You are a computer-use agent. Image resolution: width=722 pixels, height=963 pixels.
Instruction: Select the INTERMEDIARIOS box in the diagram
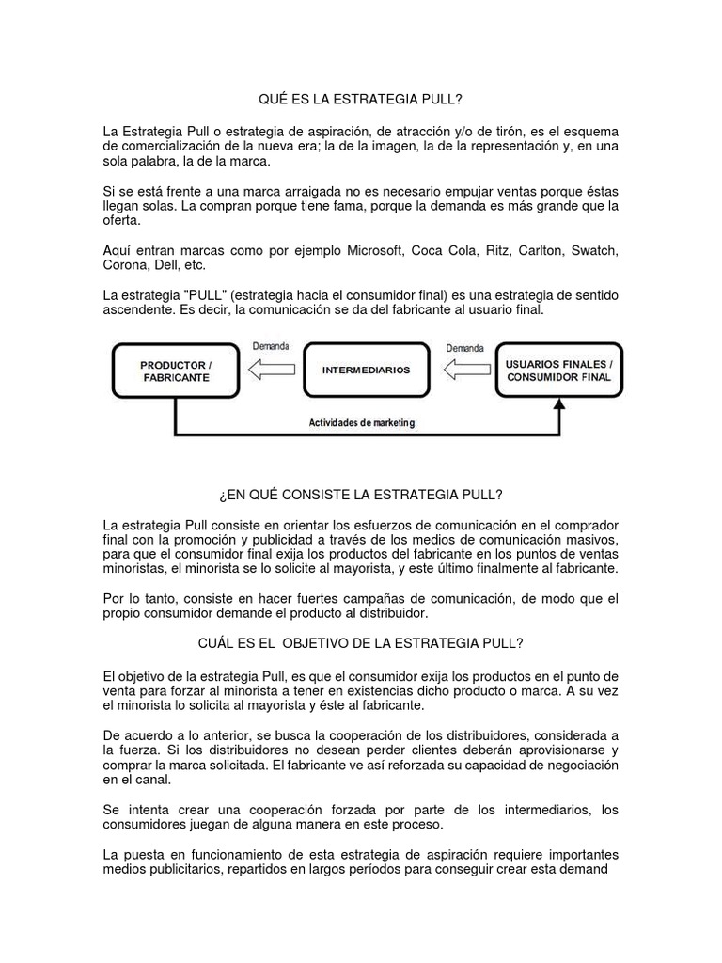366,371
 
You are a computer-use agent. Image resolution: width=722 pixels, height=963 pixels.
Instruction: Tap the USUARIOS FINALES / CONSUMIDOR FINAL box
558,371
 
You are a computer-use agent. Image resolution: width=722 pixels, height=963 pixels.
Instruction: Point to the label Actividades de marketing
362,423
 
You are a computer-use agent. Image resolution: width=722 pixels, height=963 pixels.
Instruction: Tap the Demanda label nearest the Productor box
272,346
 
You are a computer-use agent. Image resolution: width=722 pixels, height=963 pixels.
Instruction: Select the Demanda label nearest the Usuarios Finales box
465,346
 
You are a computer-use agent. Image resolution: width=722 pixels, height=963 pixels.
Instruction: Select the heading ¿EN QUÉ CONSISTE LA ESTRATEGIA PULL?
360,495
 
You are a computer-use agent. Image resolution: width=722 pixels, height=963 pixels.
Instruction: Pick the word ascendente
137,308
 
